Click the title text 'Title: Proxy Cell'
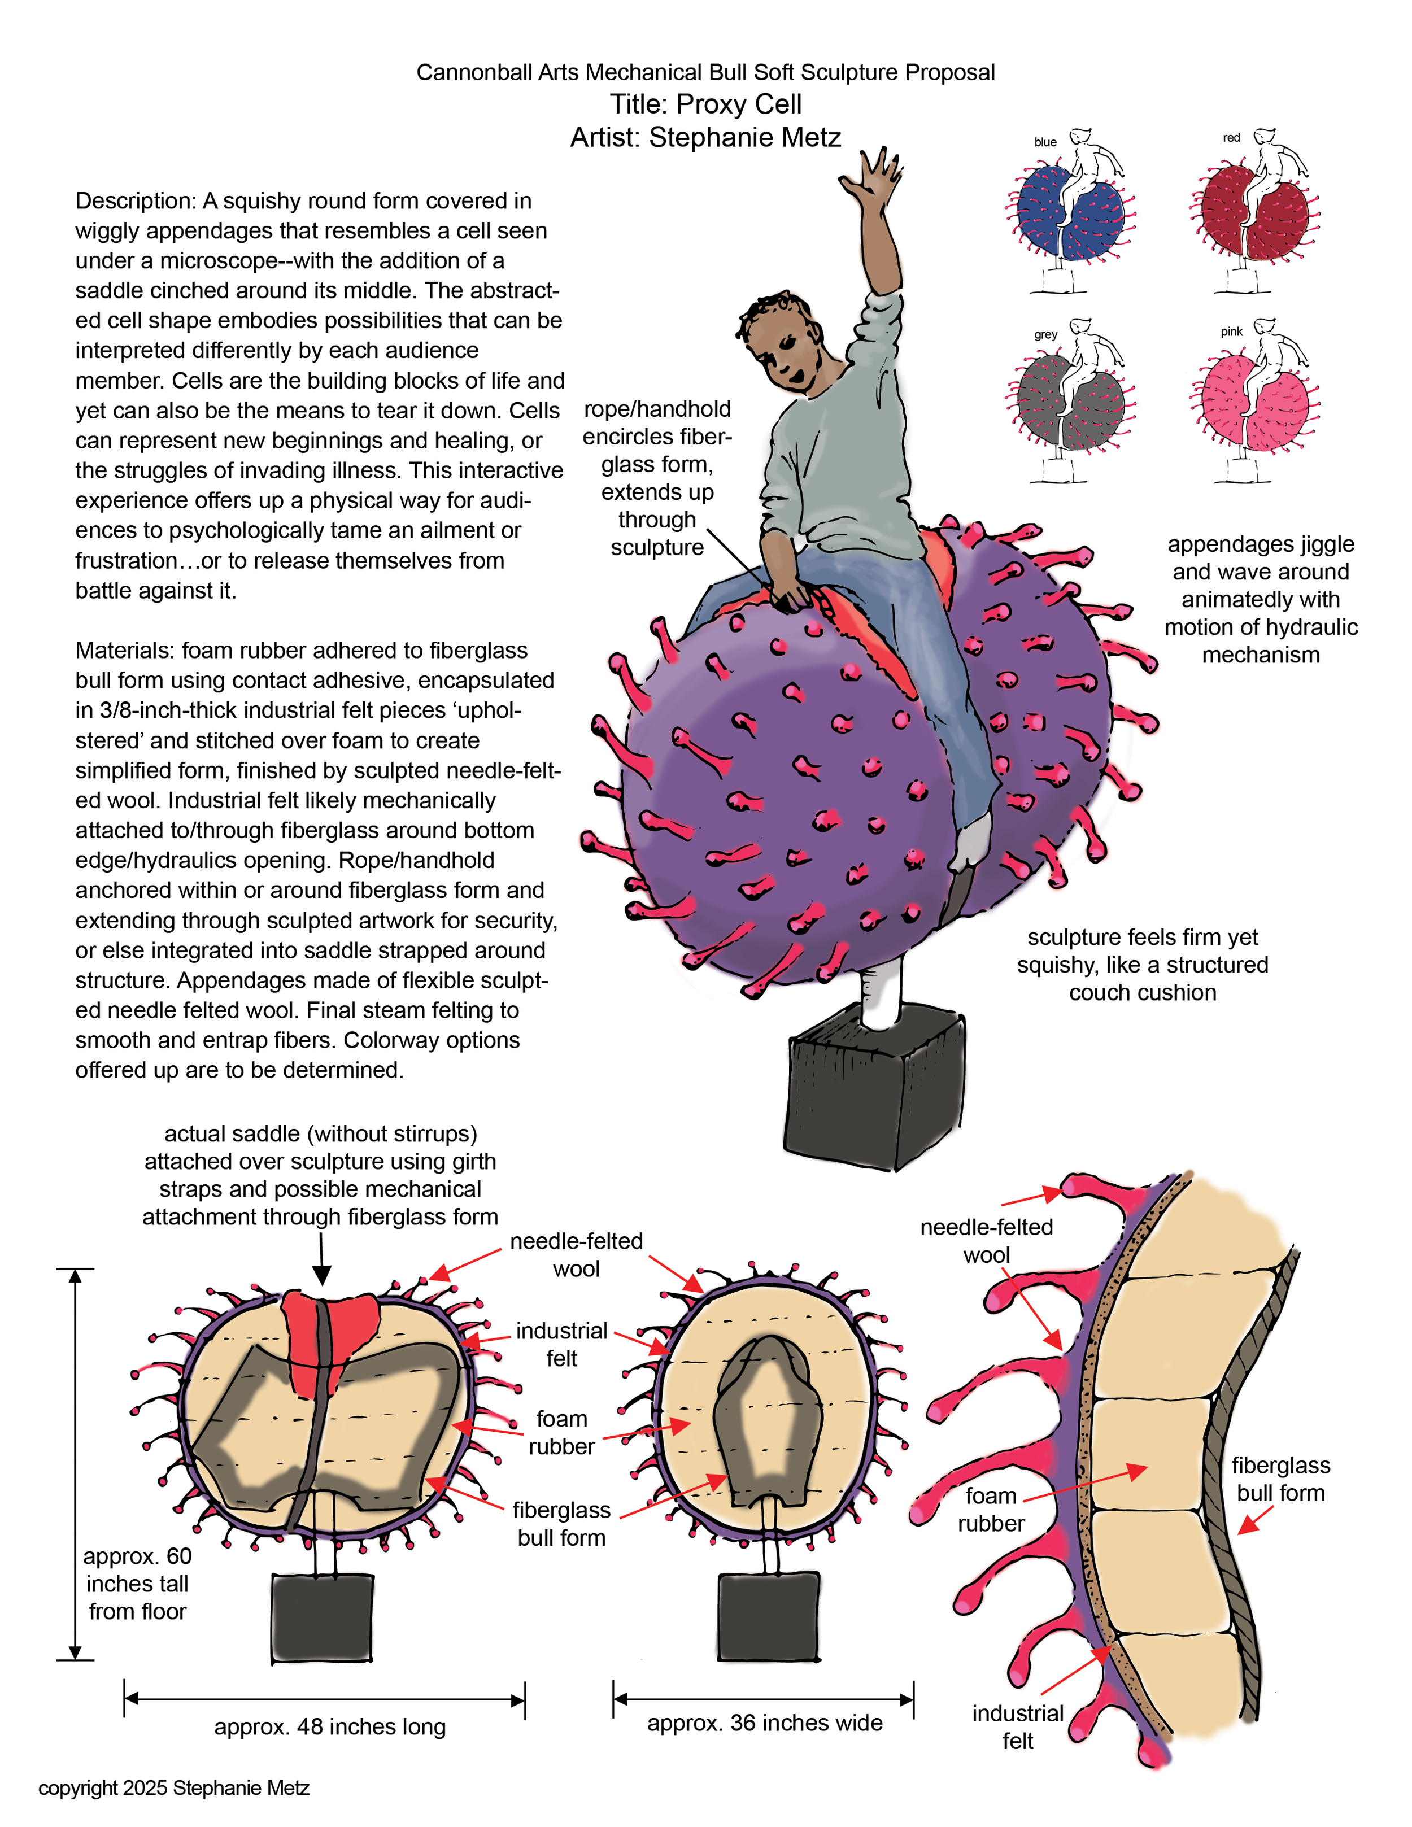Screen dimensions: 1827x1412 pyautogui.click(x=705, y=104)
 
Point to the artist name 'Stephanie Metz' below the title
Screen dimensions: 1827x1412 pyautogui.click(x=744, y=138)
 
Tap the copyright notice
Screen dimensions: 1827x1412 pyautogui.click(x=174, y=1787)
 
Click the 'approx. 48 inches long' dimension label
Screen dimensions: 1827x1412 pyautogui.click(x=330, y=1726)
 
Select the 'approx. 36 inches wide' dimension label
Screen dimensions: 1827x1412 pyautogui.click(x=765, y=1723)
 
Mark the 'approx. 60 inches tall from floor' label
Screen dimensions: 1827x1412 pyautogui.click(x=137, y=1584)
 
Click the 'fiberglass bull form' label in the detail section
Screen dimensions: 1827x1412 pyautogui.click(x=1280, y=1479)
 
